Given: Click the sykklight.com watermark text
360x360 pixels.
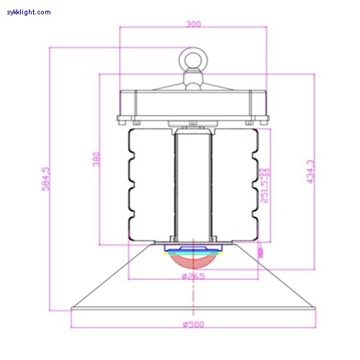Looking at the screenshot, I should [x=29, y=12].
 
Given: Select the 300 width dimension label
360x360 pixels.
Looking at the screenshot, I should [x=193, y=24].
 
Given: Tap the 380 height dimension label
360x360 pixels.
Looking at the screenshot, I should [x=96, y=159].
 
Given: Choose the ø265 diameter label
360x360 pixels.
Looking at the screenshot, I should [x=193, y=277].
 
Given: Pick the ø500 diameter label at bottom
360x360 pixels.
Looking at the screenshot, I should [x=193, y=325].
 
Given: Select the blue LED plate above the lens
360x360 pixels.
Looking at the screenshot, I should [x=193, y=249].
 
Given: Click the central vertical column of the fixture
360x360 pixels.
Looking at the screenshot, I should [x=193, y=184].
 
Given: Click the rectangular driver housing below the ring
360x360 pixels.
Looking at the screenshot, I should [x=193, y=104].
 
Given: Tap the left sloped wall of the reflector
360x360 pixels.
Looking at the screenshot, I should [x=112, y=277].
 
